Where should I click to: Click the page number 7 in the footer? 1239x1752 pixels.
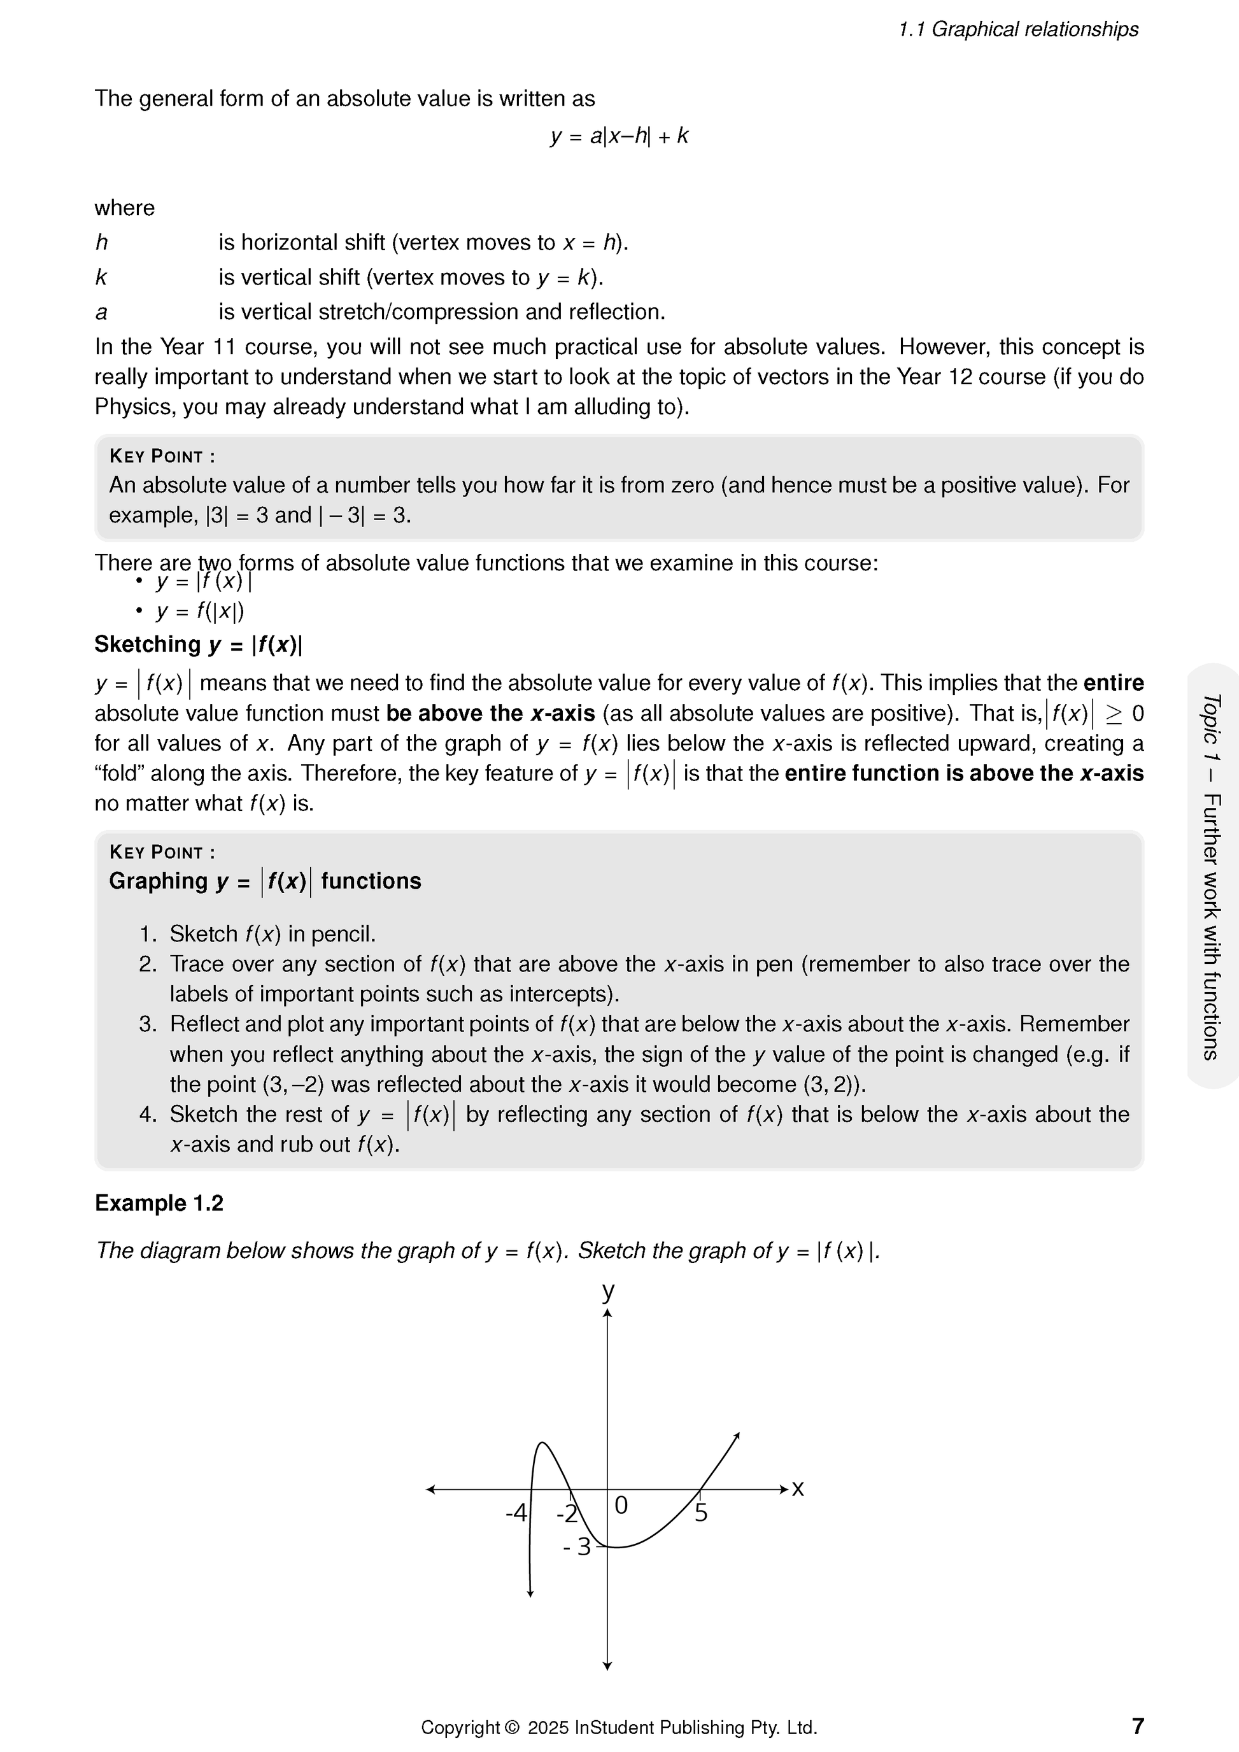[x=1138, y=1725]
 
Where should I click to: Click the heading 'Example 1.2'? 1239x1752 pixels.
[x=159, y=1203]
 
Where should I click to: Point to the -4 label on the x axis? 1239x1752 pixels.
[x=516, y=1513]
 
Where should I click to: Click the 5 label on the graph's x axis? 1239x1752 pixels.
[x=701, y=1513]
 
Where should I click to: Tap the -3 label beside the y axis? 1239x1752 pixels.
[x=577, y=1547]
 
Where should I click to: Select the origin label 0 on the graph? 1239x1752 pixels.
[x=621, y=1505]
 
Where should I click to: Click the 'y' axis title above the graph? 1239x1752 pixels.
[x=608, y=1291]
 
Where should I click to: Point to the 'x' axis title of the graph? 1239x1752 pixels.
[x=798, y=1488]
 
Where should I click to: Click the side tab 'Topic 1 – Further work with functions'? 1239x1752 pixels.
[x=1211, y=876]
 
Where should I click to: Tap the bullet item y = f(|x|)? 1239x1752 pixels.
[x=200, y=611]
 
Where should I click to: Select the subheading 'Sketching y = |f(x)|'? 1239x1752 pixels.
[x=199, y=645]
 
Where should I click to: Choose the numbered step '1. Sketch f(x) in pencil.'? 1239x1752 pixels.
[x=257, y=934]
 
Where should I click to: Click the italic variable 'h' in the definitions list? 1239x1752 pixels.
[x=101, y=243]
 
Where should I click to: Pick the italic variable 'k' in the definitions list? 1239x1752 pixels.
[x=101, y=278]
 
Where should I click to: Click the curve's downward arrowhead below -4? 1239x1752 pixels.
[x=530, y=1593]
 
